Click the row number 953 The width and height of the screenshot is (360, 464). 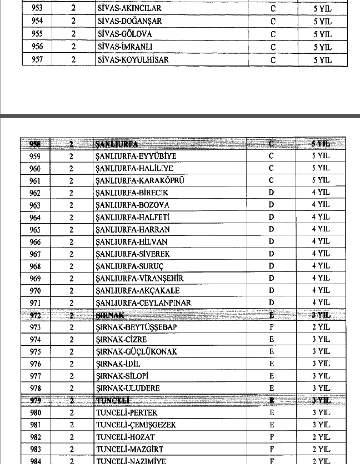tap(37, 9)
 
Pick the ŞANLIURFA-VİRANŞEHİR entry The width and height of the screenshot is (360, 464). tap(139, 278)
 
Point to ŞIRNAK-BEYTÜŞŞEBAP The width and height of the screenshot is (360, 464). tap(136, 327)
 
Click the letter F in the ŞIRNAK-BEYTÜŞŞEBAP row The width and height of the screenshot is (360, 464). tap(272, 327)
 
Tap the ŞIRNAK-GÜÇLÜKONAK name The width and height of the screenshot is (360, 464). tap(136, 352)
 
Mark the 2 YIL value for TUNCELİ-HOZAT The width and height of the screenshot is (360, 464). tap(321, 437)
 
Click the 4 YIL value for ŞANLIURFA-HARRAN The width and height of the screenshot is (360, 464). tap(321, 229)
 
